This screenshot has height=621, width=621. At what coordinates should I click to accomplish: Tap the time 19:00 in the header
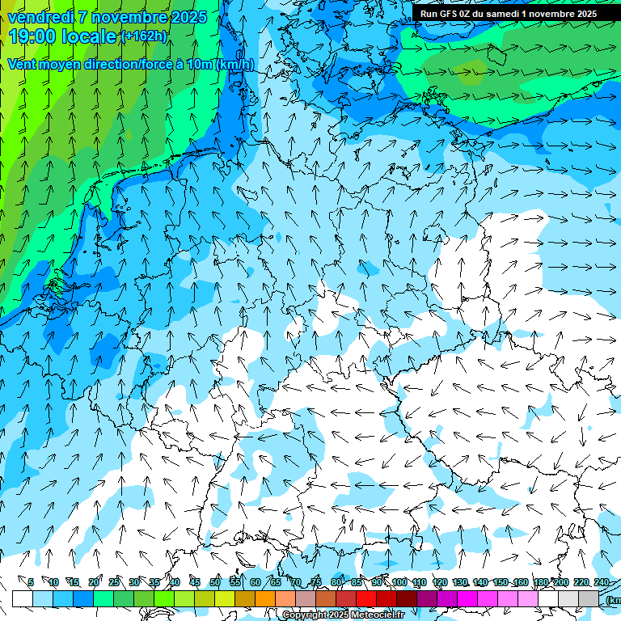[36, 36]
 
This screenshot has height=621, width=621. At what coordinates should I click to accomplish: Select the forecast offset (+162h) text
[144, 36]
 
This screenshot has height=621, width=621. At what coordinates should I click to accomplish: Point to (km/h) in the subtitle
[234, 65]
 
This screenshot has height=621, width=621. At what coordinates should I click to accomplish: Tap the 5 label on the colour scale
[31, 582]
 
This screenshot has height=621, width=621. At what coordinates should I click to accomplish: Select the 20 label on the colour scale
[93, 582]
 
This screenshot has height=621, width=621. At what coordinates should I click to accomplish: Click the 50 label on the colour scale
[215, 582]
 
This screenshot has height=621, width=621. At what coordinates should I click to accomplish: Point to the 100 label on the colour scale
[399, 582]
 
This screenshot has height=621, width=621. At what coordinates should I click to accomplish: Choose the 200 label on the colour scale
[561, 582]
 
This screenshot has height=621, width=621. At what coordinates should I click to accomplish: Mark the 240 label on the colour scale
[602, 582]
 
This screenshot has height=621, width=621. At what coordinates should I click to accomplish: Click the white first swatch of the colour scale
[22, 598]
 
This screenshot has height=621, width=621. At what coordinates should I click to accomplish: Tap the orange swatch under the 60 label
[265, 598]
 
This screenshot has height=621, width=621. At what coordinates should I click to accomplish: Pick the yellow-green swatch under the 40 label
[184, 598]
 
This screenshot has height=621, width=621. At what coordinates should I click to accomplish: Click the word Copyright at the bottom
[305, 615]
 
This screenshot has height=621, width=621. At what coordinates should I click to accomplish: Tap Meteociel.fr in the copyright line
[375, 615]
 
